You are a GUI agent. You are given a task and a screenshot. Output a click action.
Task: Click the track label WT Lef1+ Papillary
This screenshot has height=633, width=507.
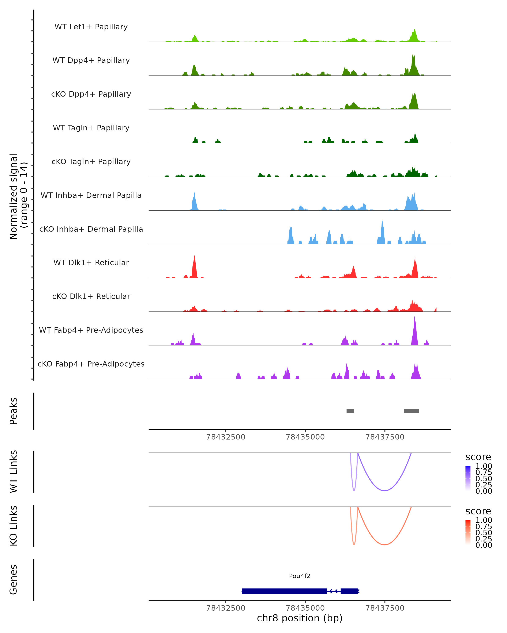91,27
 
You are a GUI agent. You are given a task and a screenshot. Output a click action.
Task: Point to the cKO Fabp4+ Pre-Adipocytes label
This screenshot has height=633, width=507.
91,364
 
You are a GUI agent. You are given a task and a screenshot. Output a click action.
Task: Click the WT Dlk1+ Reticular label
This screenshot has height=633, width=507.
91,262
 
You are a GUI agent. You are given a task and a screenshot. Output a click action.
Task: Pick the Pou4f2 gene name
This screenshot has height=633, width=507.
300,576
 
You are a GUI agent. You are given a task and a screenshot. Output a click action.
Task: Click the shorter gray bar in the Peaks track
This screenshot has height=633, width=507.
350,411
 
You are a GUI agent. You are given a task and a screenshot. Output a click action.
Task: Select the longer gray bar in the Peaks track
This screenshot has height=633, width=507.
411,411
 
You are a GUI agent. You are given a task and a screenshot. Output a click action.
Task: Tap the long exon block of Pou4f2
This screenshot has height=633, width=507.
284,591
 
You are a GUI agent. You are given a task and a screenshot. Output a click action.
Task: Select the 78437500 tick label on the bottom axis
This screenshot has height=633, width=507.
385,608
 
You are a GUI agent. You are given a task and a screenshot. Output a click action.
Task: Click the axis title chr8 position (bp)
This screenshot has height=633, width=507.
300,618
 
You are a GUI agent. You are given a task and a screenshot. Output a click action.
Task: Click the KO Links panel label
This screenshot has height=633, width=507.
14,526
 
